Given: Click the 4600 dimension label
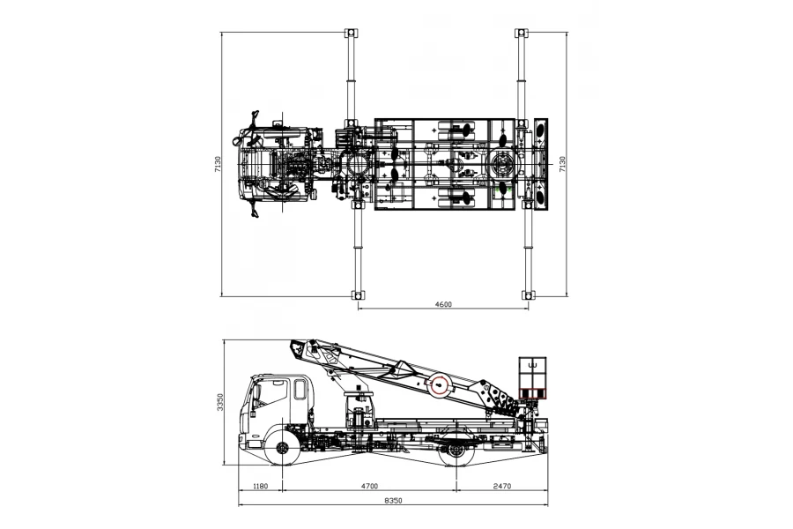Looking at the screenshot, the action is [x=443, y=304].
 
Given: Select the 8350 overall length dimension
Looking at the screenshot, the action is [x=393, y=500].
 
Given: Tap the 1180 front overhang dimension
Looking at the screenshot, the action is [x=260, y=486].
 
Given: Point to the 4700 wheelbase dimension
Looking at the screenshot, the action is [x=369, y=486].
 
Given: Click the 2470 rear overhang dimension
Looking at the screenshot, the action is [x=501, y=486].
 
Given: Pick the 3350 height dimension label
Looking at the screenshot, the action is [x=220, y=402].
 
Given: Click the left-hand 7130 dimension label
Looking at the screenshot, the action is [x=218, y=164].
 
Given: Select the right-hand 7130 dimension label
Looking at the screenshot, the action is [x=562, y=164].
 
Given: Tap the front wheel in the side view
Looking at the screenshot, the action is [x=282, y=448].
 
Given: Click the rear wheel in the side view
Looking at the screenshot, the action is [x=456, y=449].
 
